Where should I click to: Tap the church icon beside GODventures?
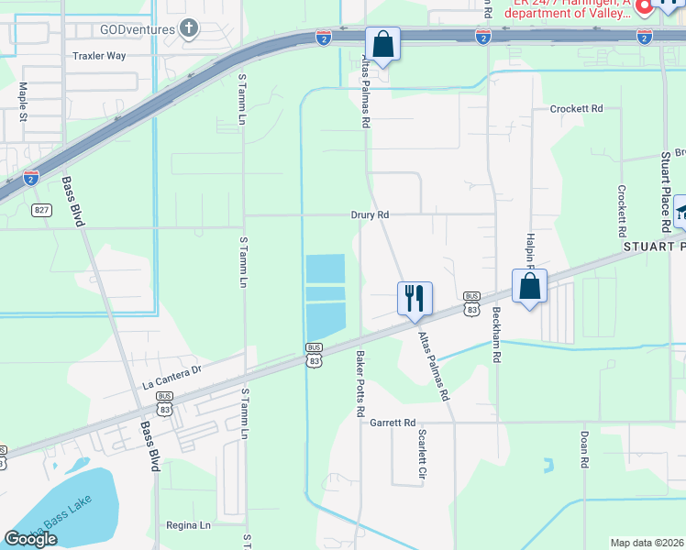190,28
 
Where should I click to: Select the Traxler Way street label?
98,56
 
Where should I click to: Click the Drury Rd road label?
371,214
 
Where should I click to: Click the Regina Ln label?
189,525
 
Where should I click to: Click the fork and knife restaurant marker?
415,298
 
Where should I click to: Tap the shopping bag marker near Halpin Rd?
530,286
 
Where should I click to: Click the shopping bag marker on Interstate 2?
382,44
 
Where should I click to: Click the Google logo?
30,539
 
